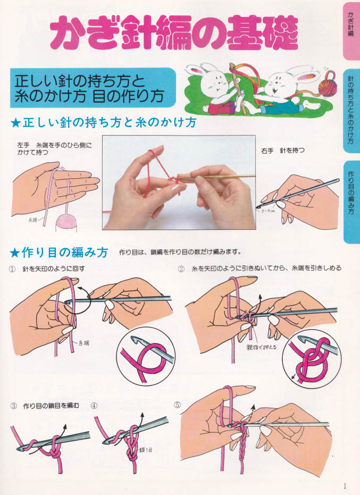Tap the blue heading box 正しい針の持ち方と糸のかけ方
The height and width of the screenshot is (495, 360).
pyautogui.click(x=93, y=88)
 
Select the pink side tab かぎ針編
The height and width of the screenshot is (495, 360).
pyautogui.click(x=351, y=31)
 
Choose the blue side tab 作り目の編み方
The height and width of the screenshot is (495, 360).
pyautogui.click(x=351, y=202)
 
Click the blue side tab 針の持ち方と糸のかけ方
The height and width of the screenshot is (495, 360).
pyautogui.click(x=351, y=111)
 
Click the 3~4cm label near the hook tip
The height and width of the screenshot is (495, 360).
pyautogui.click(x=268, y=211)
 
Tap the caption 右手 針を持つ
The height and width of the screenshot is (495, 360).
pyautogui.click(x=283, y=150)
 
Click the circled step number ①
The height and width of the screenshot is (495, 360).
pyautogui.click(x=12, y=269)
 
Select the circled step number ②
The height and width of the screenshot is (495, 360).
pyautogui.click(x=181, y=269)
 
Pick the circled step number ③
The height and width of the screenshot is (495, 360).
pyautogui.click(x=13, y=406)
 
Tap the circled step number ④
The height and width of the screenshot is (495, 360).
pyautogui.click(x=94, y=406)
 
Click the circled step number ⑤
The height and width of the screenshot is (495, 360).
pyautogui.click(x=178, y=405)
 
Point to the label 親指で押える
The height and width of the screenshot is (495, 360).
pyautogui.click(x=262, y=347)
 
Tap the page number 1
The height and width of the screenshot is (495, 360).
pyautogui.click(x=345, y=486)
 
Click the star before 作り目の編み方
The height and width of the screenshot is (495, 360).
pyautogui.click(x=14, y=252)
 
